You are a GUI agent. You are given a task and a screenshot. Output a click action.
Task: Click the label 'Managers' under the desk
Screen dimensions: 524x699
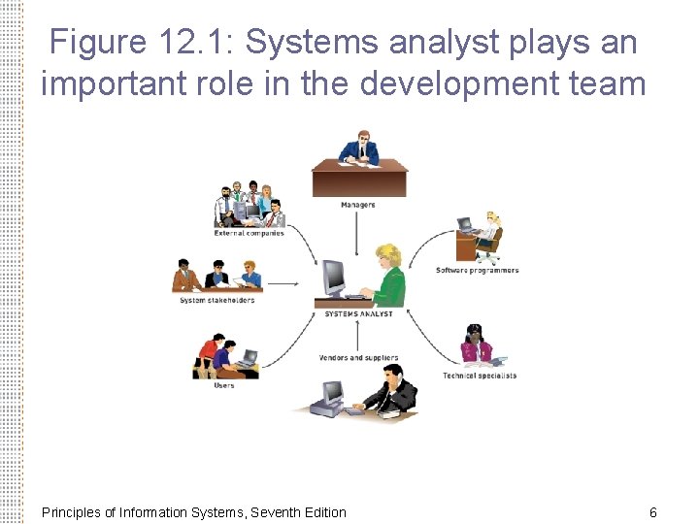(357, 205)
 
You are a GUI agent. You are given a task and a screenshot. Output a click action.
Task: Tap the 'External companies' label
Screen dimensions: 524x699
(250, 233)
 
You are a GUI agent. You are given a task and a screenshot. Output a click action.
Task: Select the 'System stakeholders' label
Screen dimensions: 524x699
(216, 300)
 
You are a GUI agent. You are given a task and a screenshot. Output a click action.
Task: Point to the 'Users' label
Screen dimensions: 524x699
(224, 385)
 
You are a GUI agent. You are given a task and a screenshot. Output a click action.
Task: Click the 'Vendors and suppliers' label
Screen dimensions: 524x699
(358, 358)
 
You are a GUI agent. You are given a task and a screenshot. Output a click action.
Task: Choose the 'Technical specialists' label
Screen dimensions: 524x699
(480, 376)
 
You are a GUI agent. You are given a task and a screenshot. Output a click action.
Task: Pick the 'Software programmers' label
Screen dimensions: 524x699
(477, 271)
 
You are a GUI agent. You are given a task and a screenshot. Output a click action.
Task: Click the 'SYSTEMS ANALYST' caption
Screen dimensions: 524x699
(358, 314)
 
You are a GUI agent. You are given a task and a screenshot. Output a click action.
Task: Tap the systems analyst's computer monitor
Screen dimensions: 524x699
(335, 278)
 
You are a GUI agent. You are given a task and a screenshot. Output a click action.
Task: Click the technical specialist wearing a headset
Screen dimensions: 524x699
(477, 345)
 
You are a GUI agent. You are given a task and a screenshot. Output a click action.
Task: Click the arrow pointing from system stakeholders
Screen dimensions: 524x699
(283, 284)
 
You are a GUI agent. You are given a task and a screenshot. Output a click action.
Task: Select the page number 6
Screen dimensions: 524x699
(653, 512)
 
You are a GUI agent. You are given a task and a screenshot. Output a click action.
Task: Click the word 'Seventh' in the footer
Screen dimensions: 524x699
(275, 512)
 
